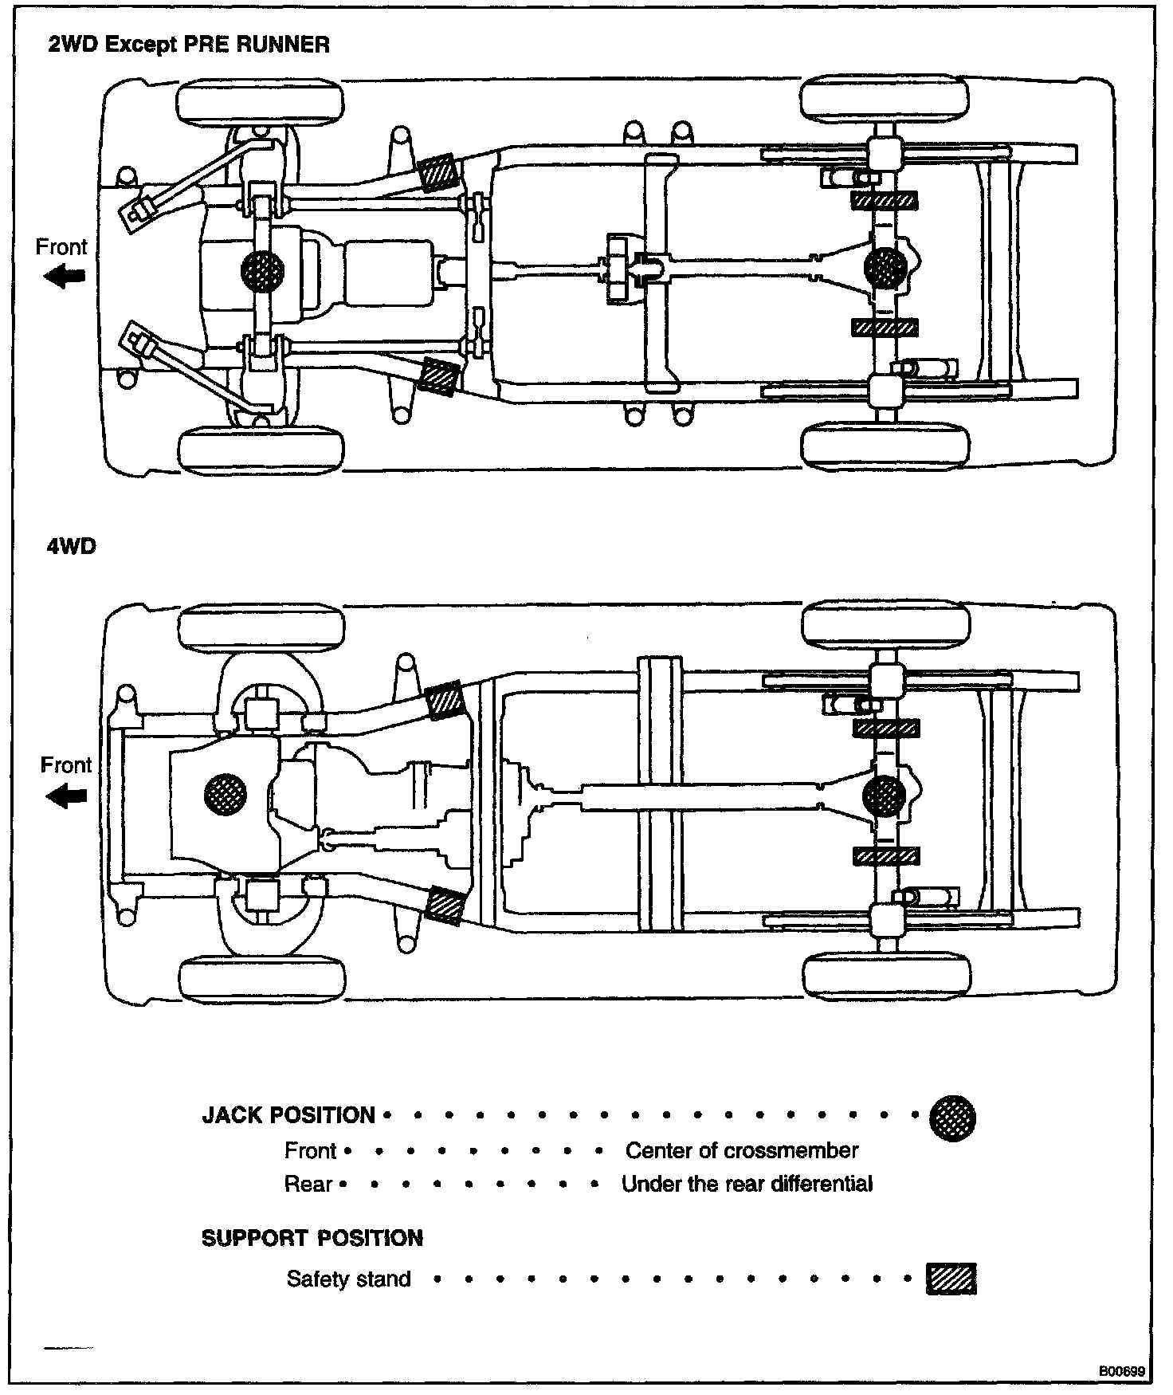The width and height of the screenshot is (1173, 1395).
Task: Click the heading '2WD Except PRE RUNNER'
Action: pyautogui.click(x=189, y=45)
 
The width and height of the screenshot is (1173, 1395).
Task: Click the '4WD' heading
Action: pyautogui.click(x=71, y=547)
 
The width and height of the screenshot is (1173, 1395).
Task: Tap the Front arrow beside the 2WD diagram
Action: pyautogui.click(x=65, y=277)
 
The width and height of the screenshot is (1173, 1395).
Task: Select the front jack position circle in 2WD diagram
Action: pyautogui.click(x=262, y=271)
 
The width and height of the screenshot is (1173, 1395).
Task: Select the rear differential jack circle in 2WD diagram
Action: pyautogui.click(x=885, y=269)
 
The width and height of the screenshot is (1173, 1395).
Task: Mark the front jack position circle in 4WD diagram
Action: pyautogui.click(x=226, y=793)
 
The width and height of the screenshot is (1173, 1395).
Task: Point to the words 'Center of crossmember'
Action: pyautogui.click(x=742, y=1150)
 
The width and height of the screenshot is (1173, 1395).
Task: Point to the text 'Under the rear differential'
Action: pyautogui.click(x=747, y=1184)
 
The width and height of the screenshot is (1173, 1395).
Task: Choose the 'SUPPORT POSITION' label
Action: pyautogui.click(x=312, y=1238)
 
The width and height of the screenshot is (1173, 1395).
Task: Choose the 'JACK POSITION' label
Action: pyautogui.click(x=288, y=1114)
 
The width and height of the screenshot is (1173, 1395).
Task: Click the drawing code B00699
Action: pyautogui.click(x=1122, y=1372)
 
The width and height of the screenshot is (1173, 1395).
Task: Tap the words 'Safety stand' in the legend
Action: pyautogui.click(x=348, y=1279)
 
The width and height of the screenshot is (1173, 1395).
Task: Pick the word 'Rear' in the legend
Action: pyautogui.click(x=308, y=1184)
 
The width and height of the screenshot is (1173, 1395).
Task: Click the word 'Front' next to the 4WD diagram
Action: pyautogui.click(x=66, y=765)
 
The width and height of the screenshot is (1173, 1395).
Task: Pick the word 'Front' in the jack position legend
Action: pyautogui.click(x=310, y=1150)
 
